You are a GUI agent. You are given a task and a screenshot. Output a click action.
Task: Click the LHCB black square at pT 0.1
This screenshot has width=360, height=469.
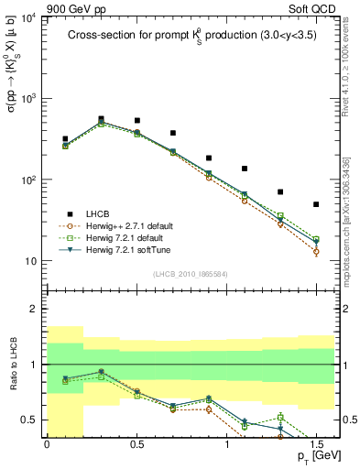point(64,139)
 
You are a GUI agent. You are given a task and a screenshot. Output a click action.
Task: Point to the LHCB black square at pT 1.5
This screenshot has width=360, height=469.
point(316,204)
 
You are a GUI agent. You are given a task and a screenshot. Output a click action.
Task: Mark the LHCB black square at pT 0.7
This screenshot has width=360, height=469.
point(172,133)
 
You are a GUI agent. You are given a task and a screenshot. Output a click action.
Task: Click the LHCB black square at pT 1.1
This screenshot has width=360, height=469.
point(245,169)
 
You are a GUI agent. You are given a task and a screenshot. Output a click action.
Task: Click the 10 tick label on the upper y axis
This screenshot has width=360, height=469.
point(31,261)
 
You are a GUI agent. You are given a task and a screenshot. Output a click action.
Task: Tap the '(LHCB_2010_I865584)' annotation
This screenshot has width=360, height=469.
point(190,274)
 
